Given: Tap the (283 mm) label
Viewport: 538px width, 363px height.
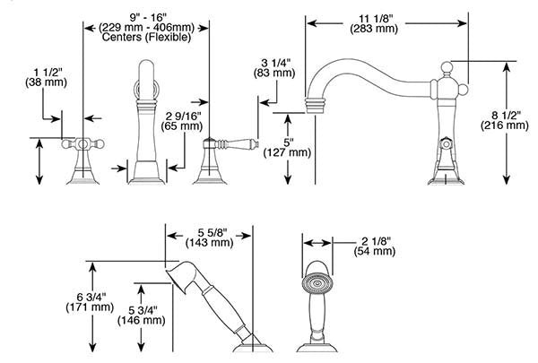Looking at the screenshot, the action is coord(374,29).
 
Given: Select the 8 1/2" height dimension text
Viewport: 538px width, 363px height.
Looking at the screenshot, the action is coord(504,116).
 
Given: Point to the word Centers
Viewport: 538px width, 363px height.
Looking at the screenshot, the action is coord(122,37).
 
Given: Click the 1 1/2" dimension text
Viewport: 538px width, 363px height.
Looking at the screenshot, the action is coord(48,73).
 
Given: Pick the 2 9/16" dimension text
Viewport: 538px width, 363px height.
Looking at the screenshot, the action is coord(183,117).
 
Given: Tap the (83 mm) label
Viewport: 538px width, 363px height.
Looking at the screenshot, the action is coord(274,73).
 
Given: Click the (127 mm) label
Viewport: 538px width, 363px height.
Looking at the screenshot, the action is coord(287,152).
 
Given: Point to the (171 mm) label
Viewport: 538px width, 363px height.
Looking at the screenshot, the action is coord(90,307).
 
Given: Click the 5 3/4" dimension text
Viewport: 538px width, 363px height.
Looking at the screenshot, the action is coord(143,311).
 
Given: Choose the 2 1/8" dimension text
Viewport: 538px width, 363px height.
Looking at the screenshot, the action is coord(376,241).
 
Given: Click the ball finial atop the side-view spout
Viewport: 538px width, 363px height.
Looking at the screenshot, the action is coord(446,67).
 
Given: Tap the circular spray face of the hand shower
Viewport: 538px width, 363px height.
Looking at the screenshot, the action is coord(317,284).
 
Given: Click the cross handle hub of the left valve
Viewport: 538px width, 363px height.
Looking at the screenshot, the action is coord(82,144).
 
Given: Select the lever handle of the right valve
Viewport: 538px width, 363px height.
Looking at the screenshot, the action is coord(237,143).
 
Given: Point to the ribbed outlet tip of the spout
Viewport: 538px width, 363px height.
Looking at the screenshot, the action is coord(315,105).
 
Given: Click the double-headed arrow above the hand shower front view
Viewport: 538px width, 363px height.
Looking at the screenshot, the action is coord(317,243).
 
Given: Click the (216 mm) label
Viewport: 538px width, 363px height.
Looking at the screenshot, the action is coord(504,125).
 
